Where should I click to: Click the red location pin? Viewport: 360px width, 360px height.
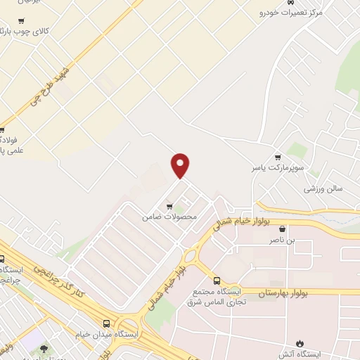[181, 165]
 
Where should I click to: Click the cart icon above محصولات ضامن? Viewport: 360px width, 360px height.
[169, 206]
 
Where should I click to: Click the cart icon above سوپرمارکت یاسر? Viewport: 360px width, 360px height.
[278, 157]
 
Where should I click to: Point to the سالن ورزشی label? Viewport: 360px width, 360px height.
[323, 188]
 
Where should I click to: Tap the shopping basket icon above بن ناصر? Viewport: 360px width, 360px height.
[283, 229]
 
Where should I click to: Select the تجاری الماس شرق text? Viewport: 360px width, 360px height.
[213, 302]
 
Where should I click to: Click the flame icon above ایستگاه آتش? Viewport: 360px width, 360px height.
[301, 343]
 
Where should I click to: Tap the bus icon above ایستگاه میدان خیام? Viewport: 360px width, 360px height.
[106, 323]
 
